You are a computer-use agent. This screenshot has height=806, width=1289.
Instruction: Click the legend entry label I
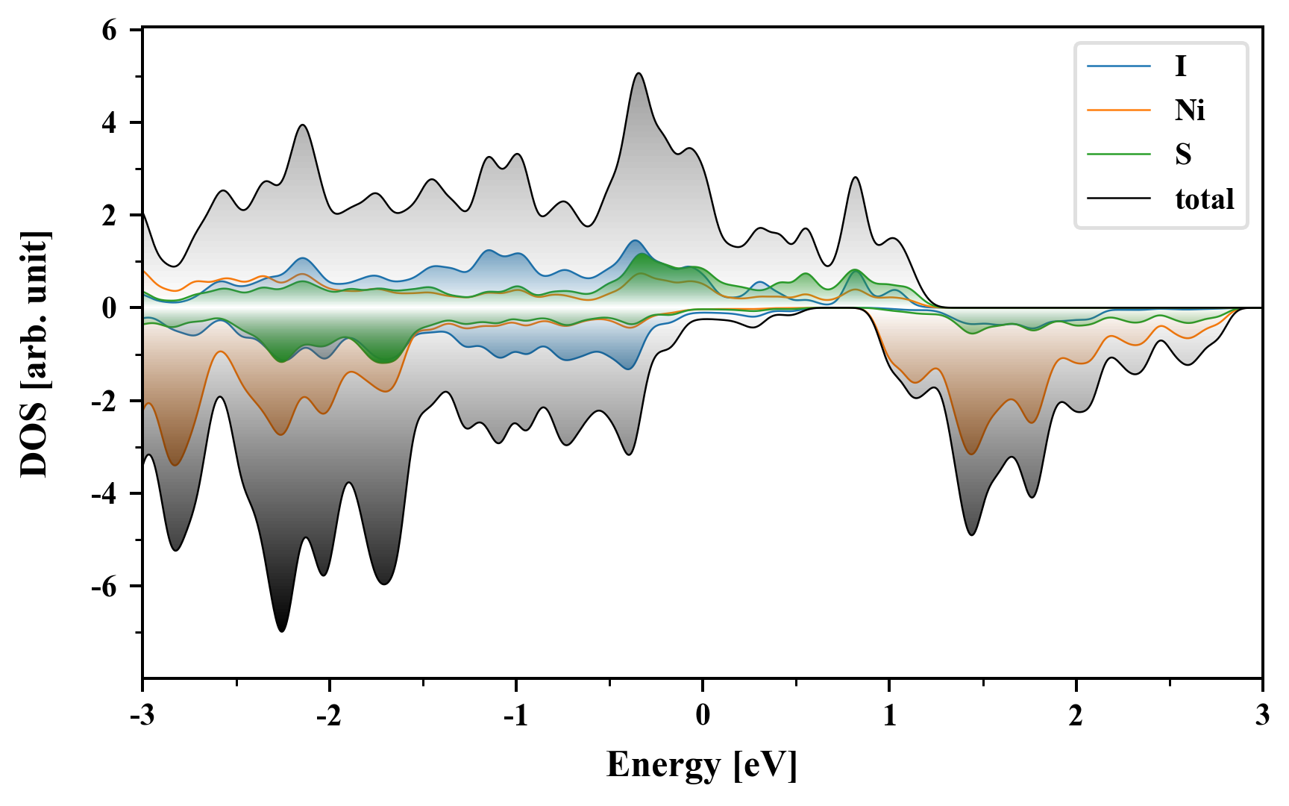[x=1180, y=66]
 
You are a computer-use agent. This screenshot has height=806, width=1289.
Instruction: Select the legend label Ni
[x=1190, y=110]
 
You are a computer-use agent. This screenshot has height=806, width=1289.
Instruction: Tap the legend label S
[x=1183, y=154]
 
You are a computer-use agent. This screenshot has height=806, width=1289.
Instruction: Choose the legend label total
[x=1205, y=199]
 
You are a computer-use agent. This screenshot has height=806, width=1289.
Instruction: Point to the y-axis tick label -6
[x=104, y=587]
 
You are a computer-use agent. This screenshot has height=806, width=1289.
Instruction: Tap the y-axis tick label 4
[x=110, y=122]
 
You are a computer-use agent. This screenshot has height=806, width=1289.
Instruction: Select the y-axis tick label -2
[x=104, y=402]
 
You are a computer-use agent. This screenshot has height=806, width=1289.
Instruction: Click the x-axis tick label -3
[x=142, y=716]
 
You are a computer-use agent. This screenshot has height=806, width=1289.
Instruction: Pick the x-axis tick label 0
[x=703, y=716]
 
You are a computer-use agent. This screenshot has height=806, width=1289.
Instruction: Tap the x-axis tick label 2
[x=1076, y=716]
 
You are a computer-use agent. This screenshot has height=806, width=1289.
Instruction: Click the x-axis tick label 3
[x=1262, y=716]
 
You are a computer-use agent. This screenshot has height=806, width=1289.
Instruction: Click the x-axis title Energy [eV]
[x=702, y=765]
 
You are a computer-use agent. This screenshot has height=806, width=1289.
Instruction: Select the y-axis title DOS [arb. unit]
[x=34, y=354]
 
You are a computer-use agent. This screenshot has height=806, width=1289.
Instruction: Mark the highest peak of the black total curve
[x=639, y=73]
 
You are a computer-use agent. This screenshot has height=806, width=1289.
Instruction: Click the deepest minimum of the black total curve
[x=281, y=631]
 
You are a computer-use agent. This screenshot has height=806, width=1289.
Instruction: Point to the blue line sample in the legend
[x=1119, y=66]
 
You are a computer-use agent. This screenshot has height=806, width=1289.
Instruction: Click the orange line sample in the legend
[x=1119, y=110]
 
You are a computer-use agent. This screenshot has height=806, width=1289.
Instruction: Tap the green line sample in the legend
[x=1119, y=154]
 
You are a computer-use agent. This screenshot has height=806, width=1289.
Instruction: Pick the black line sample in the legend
[x=1119, y=199]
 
